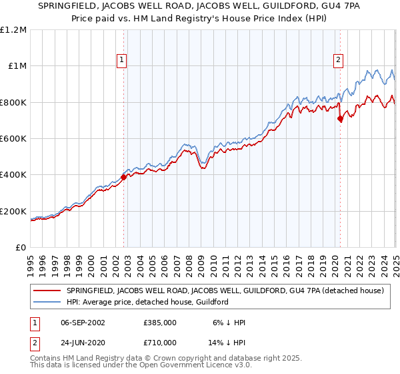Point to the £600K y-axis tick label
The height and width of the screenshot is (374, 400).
(x=14, y=139)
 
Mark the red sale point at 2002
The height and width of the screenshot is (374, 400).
(x=124, y=177)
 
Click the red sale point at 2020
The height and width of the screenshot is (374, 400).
(x=340, y=119)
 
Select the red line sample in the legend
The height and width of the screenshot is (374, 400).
(x=47, y=291)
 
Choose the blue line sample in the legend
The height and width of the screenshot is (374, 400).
(x=47, y=302)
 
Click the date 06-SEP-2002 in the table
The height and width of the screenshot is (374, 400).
(x=82, y=322)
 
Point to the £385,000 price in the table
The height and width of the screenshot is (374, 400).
(x=159, y=322)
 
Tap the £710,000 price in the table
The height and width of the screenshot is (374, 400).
(x=159, y=341)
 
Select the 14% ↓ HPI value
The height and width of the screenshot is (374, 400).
(x=226, y=341)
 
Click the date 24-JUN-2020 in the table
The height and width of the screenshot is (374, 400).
(x=82, y=341)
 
